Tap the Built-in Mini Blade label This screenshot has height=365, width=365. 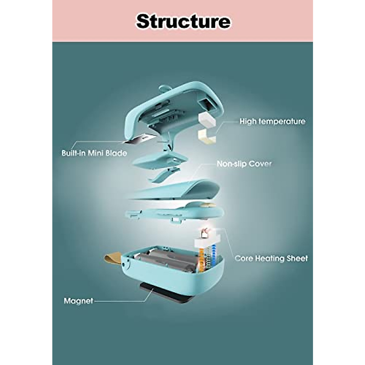point(94,153)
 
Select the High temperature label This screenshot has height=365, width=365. point(272,121)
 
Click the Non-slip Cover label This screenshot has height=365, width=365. point(244,164)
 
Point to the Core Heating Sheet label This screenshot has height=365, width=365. point(271,259)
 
